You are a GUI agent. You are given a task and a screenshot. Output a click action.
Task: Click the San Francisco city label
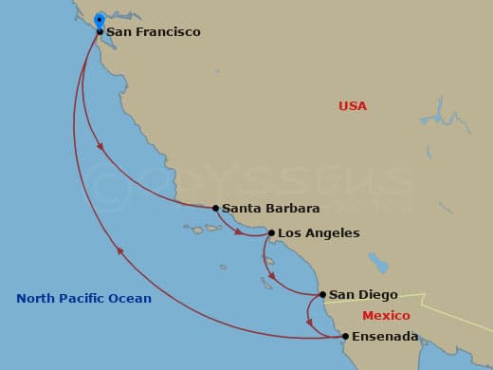click(153, 32)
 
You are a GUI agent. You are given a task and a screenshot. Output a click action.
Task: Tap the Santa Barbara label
click(270, 209)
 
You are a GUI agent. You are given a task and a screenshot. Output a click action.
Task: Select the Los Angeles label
click(319, 233)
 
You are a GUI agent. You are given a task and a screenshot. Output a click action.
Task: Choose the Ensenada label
click(386, 337)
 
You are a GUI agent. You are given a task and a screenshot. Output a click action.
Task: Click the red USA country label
click(352, 106)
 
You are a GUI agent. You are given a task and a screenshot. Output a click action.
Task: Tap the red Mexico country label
click(386, 316)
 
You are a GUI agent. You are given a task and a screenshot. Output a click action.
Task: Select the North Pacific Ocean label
click(83, 299)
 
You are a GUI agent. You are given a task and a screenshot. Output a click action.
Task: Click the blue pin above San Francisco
click(100, 19)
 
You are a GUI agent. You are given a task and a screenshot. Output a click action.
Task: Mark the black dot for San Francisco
click(100, 31)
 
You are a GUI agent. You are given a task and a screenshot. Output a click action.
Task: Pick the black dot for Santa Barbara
click(215, 208)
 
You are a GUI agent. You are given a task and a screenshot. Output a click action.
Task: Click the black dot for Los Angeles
click(272, 232)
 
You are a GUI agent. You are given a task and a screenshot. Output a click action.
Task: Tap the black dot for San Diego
click(322, 294)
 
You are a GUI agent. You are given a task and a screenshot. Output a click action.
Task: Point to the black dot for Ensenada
click(345, 336)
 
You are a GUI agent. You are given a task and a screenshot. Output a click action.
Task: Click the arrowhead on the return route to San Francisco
click(119, 250)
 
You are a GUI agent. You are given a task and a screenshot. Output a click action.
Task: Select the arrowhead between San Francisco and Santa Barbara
click(100, 146)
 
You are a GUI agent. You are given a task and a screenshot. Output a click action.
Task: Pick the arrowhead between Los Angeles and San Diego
click(272, 277)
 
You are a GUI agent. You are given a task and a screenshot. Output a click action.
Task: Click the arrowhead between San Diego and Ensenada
click(309, 323)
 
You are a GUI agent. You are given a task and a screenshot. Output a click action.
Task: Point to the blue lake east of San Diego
click(378, 262)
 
